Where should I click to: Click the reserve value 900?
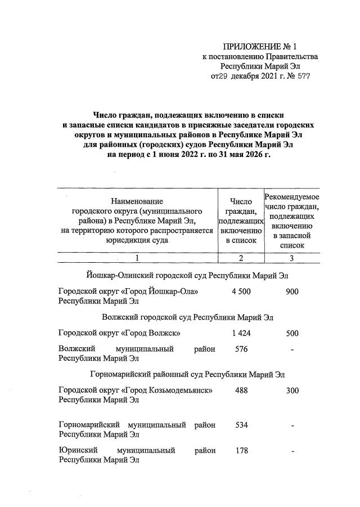(x=292, y=291)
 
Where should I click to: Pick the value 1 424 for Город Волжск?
(x=240, y=333)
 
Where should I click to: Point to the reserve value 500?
(x=292, y=333)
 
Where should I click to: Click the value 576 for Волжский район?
(x=241, y=349)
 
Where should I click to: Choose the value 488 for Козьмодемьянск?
(x=241, y=391)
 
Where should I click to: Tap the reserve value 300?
(x=292, y=391)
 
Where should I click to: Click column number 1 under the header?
(x=137, y=258)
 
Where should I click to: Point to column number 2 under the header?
(x=241, y=258)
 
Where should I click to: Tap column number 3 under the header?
(x=292, y=258)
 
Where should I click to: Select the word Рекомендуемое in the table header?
(x=292, y=197)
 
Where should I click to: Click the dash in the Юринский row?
(x=292, y=451)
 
